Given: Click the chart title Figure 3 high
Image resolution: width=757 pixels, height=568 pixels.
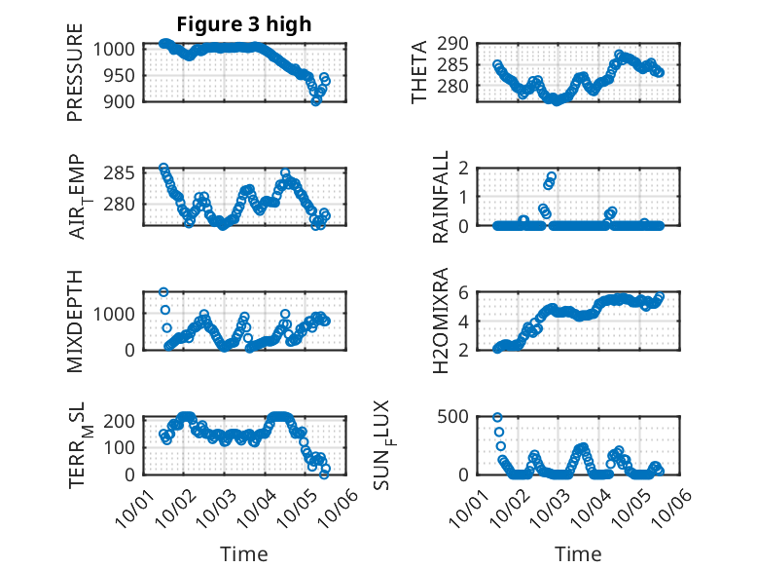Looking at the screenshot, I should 243,24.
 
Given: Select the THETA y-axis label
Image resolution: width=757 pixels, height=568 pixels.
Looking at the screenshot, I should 419,73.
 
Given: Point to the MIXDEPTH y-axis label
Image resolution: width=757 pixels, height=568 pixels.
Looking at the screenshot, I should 75,321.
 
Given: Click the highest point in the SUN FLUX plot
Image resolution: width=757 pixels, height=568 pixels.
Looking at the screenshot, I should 497,417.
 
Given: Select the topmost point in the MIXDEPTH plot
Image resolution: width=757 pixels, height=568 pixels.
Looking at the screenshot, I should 163,292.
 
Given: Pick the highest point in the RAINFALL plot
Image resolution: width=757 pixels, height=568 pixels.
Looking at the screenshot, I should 552,177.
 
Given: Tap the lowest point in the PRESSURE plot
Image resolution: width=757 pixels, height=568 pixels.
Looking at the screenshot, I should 315,100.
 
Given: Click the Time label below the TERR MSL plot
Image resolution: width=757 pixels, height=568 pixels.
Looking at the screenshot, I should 243,553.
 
